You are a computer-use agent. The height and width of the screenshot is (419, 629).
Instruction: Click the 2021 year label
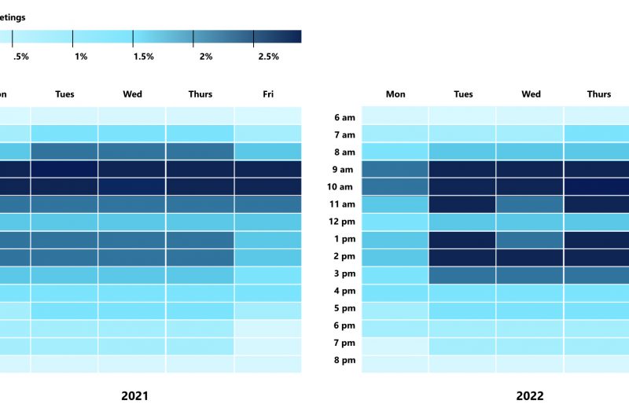pyautogui.click(x=134, y=395)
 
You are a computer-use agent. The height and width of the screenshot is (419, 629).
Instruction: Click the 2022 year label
pyautogui.click(x=529, y=395)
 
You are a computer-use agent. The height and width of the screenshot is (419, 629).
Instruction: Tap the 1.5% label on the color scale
pyautogui.click(x=143, y=57)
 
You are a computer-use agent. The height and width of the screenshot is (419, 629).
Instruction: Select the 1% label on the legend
pyautogui.click(x=81, y=57)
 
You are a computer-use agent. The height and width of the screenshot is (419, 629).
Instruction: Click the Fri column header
pyautogui.click(x=268, y=94)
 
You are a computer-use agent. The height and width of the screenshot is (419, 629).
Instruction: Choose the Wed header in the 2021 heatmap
pyautogui.click(x=133, y=94)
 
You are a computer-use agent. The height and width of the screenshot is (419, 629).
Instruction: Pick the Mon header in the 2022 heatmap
pyautogui.click(x=395, y=94)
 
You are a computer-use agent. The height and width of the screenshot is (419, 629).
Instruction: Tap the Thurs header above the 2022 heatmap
pyautogui.click(x=598, y=94)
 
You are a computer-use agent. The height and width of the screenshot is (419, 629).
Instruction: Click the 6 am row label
pyautogui.click(x=344, y=117)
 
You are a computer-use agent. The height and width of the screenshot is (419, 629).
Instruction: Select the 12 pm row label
pyautogui.click(x=344, y=221)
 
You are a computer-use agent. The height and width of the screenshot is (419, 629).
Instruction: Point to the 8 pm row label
pyautogui.click(x=344, y=360)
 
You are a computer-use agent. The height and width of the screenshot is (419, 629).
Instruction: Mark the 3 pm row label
pyautogui.click(x=344, y=273)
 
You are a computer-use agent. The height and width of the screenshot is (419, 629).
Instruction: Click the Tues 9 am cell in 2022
pyautogui.click(x=463, y=169)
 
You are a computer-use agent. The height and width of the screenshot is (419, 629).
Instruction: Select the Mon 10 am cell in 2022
pyautogui.click(x=395, y=186)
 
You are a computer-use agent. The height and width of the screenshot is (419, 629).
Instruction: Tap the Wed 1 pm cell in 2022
pyautogui.click(x=531, y=238)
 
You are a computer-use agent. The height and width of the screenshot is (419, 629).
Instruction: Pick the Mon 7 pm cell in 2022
pyautogui.click(x=395, y=343)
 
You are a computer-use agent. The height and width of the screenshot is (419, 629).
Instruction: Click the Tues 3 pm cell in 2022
pyautogui.click(x=463, y=273)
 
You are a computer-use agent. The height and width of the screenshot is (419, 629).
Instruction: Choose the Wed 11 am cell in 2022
pyautogui.click(x=531, y=204)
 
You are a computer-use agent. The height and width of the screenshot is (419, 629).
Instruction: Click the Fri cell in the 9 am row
pyautogui.click(x=268, y=169)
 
